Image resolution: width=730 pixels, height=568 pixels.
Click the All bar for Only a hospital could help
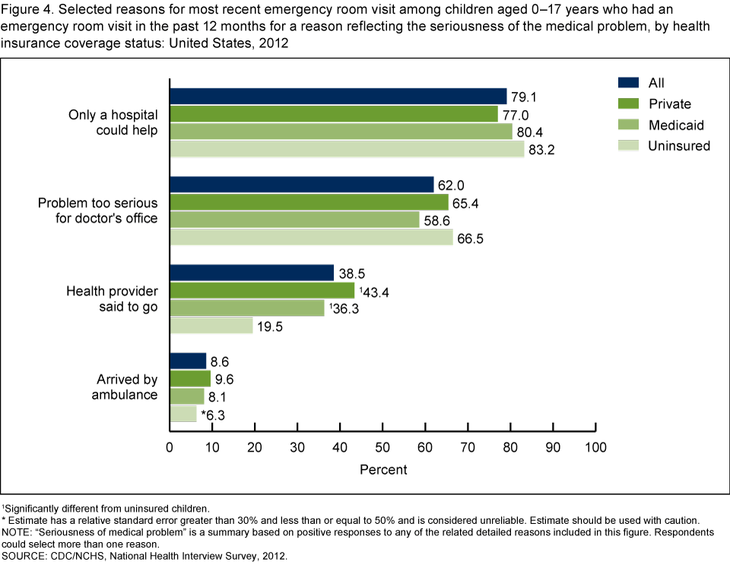(x=338, y=97)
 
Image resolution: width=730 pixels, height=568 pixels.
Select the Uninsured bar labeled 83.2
(x=347, y=150)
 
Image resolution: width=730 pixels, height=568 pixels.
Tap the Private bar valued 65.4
(x=309, y=202)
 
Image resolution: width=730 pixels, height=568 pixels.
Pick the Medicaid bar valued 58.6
(x=294, y=220)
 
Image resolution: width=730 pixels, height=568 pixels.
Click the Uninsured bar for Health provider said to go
(x=211, y=325)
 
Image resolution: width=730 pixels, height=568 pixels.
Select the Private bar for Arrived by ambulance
(x=189, y=379)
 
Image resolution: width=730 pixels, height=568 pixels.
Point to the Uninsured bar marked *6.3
(x=182, y=414)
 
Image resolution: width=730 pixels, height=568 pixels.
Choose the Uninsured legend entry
(x=678, y=146)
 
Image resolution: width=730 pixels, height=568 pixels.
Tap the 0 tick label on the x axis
(x=170, y=446)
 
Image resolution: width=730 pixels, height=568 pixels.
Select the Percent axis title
(x=383, y=469)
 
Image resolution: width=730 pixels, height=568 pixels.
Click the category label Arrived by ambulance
(x=125, y=387)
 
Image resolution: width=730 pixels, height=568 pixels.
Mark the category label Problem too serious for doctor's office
(x=98, y=211)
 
